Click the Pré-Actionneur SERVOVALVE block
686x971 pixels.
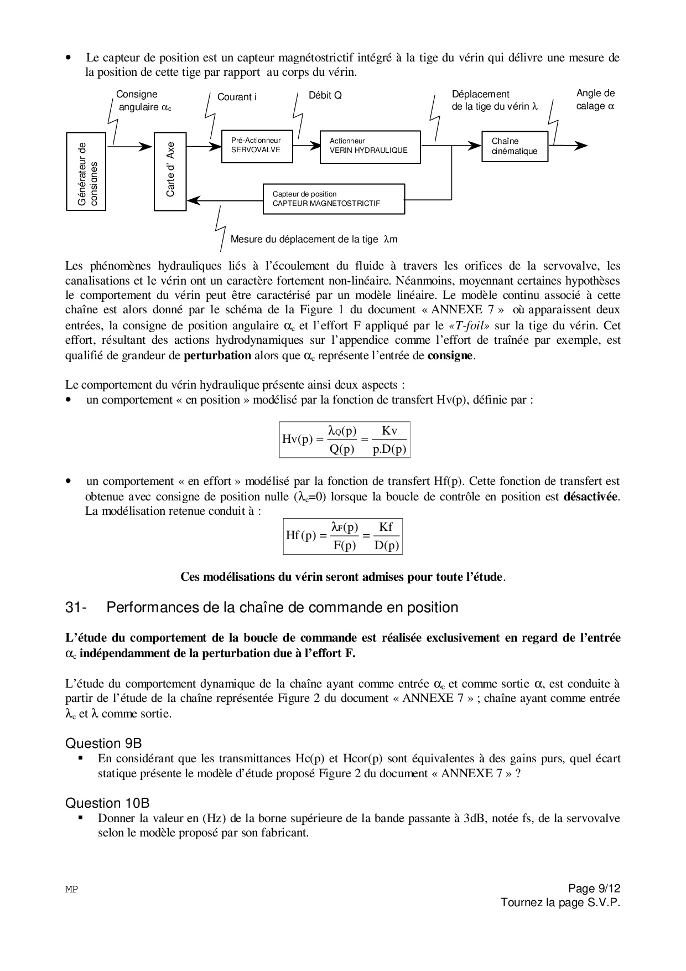click(x=257, y=146)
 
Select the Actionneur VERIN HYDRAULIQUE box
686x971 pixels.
click(x=370, y=146)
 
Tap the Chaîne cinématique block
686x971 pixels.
click(x=514, y=146)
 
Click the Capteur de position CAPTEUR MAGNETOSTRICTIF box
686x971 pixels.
click(x=333, y=199)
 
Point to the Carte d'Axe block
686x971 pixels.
click(x=170, y=171)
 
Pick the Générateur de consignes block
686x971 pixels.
click(x=86, y=171)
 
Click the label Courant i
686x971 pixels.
click(x=237, y=97)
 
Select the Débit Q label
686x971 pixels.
click(x=325, y=96)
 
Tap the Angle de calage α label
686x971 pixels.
click(x=595, y=100)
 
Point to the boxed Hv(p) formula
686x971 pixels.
click(x=344, y=440)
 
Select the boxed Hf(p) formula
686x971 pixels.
click(x=342, y=536)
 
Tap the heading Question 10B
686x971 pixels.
click(x=107, y=803)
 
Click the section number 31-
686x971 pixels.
click(x=75, y=608)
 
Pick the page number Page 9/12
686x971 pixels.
click(x=595, y=889)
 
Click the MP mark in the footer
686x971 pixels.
click(x=71, y=890)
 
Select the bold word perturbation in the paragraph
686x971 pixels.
click(x=217, y=355)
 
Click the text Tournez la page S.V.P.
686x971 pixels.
click(x=560, y=903)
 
